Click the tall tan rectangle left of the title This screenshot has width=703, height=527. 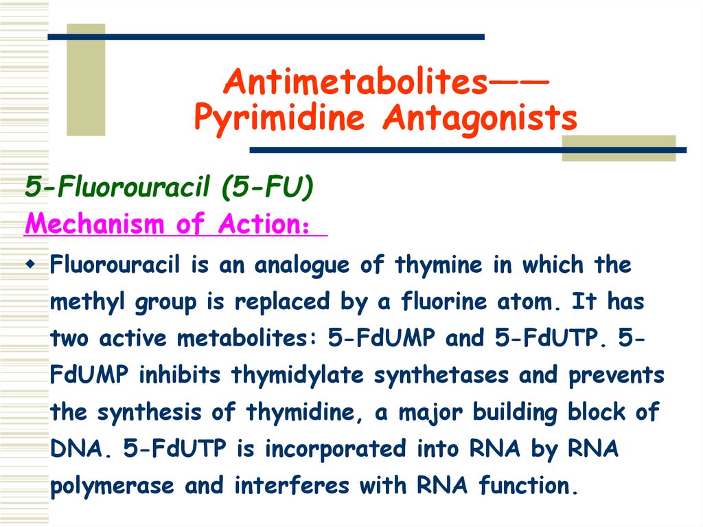pos(86,79)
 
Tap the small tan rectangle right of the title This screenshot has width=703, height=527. pos(619,148)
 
